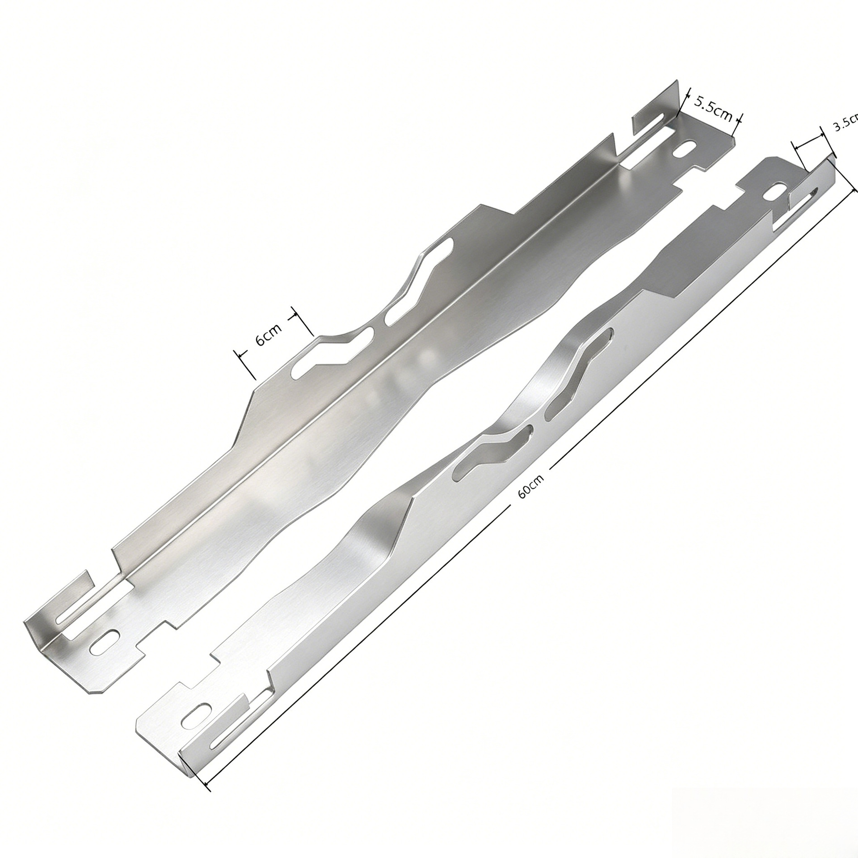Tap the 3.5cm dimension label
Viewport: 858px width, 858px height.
(x=845, y=122)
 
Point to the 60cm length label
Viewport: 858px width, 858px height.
(x=531, y=485)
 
